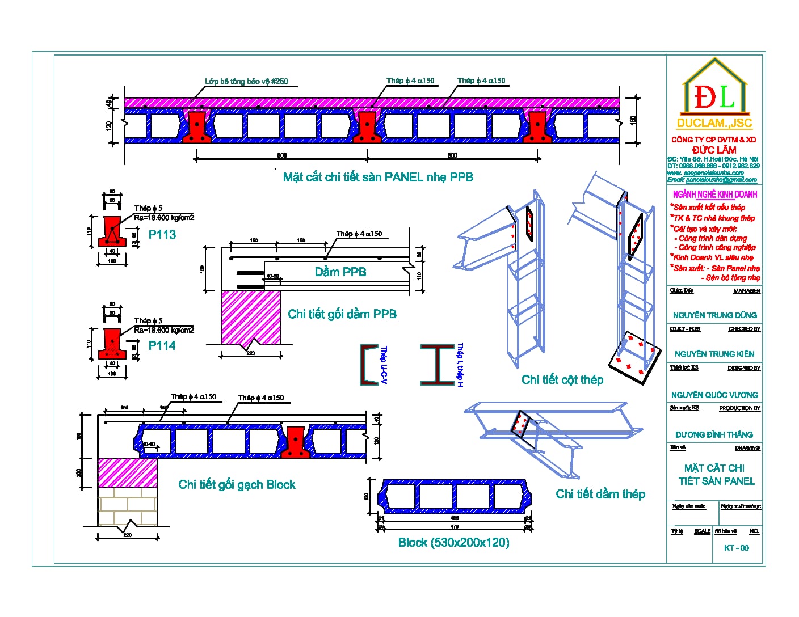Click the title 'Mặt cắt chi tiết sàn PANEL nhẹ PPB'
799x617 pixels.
(378, 178)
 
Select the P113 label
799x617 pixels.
(162, 235)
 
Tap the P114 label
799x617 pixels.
(162, 345)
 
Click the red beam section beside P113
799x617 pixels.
(112, 231)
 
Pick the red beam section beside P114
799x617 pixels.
(112, 344)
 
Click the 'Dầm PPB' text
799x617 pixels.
(340, 272)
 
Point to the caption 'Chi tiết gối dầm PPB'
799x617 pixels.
(342, 314)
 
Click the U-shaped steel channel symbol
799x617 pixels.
(369, 365)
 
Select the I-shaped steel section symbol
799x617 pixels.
(437, 365)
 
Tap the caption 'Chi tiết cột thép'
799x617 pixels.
(562, 380)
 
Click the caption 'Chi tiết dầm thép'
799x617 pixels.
(600, 494)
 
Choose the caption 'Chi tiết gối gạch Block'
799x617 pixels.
(237, 485)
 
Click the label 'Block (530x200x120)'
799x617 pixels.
(453, 543)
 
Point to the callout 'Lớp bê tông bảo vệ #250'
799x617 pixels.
(246, 82)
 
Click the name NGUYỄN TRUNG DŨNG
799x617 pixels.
(714, 315)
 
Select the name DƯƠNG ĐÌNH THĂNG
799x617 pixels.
(714, 435)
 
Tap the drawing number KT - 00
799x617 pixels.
(737, 548)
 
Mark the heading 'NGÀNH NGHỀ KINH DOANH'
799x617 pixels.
(714, 195)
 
